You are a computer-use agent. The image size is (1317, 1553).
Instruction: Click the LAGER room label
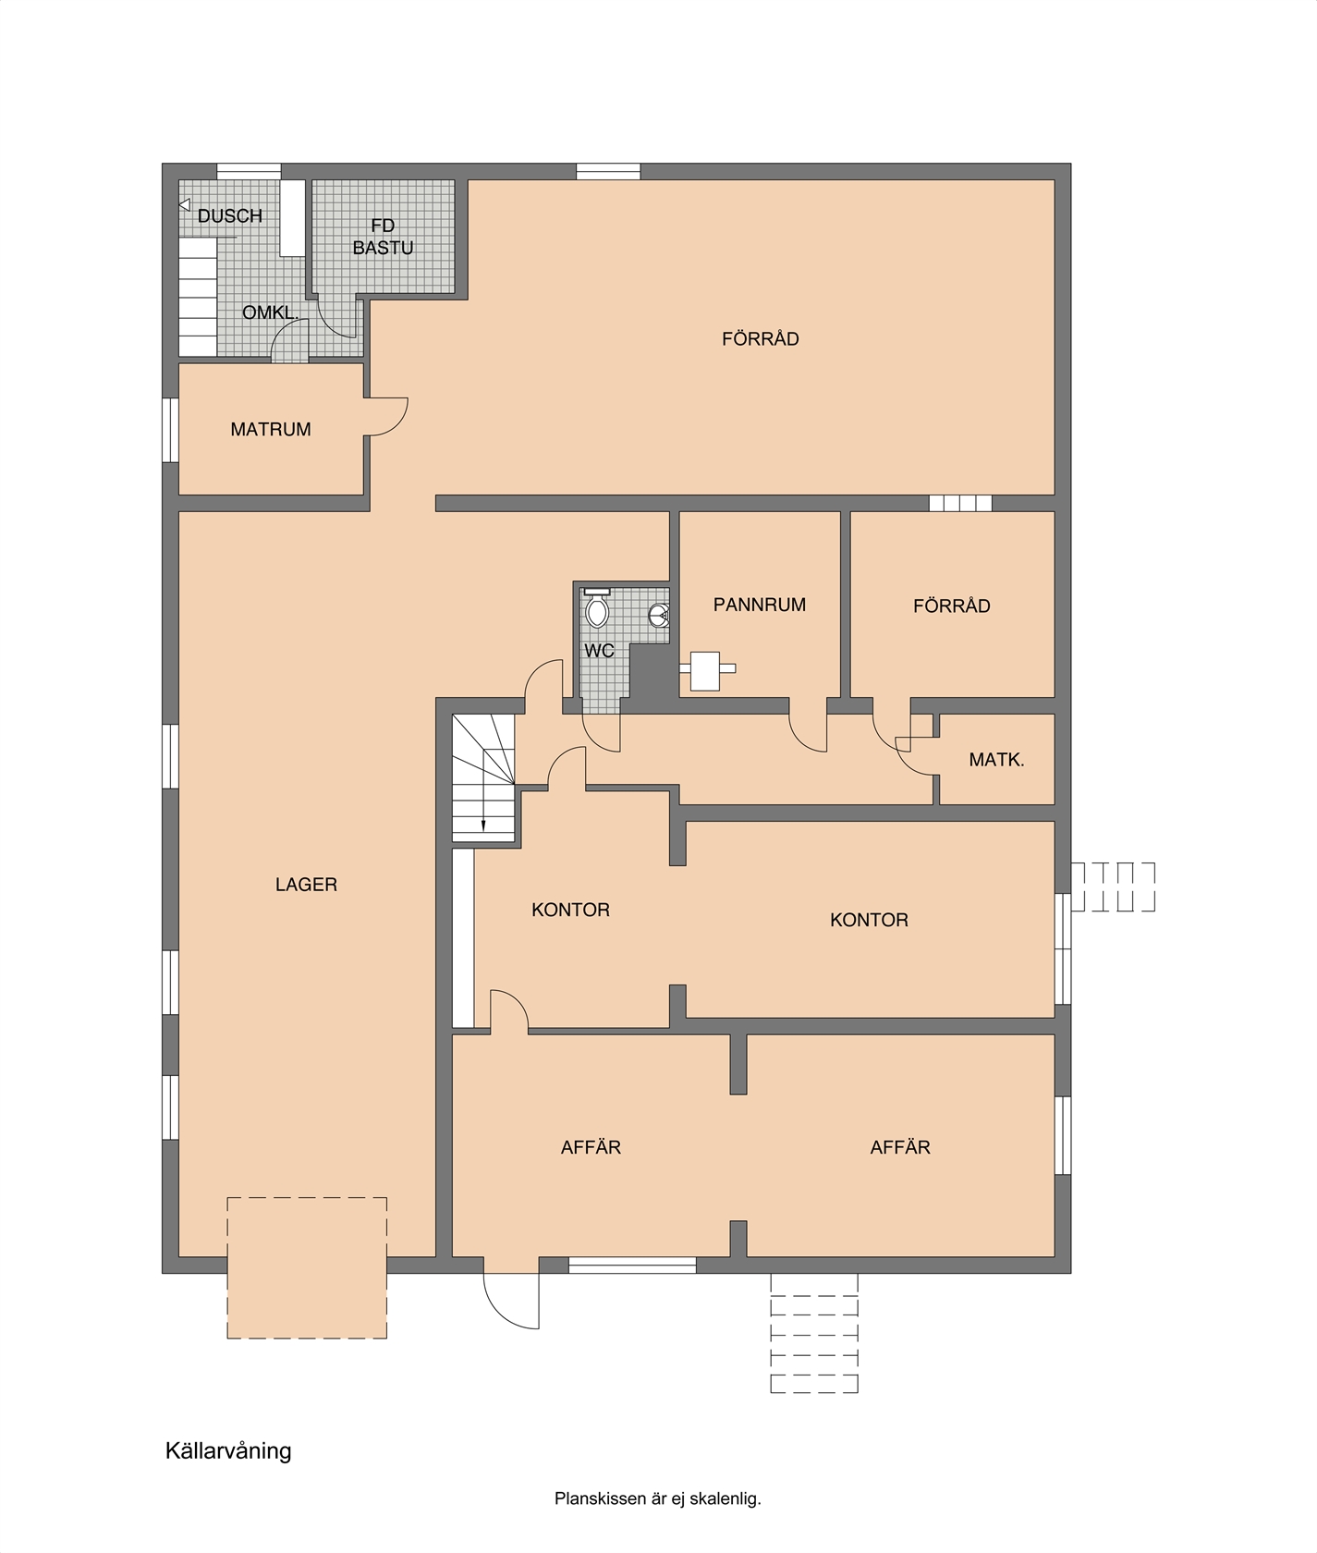306,885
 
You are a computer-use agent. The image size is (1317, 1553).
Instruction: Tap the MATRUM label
271,429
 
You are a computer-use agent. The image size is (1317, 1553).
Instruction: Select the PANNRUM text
760,605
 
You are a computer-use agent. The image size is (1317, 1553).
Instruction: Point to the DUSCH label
230,215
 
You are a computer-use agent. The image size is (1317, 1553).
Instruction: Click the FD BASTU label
383,237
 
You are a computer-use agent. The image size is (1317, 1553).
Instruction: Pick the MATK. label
996,760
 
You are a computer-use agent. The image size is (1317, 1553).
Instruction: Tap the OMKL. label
271,312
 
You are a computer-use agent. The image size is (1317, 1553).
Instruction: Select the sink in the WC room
659,615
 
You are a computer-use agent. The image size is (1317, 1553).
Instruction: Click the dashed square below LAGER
307,1267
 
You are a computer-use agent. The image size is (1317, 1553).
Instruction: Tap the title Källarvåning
228,1450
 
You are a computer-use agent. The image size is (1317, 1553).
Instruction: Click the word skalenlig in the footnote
726,1498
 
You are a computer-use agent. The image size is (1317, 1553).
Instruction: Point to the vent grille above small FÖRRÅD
960,503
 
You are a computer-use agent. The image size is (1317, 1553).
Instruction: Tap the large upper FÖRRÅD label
761,339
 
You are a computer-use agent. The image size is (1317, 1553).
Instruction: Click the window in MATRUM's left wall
170,430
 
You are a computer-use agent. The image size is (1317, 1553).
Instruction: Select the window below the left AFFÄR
632,1266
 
